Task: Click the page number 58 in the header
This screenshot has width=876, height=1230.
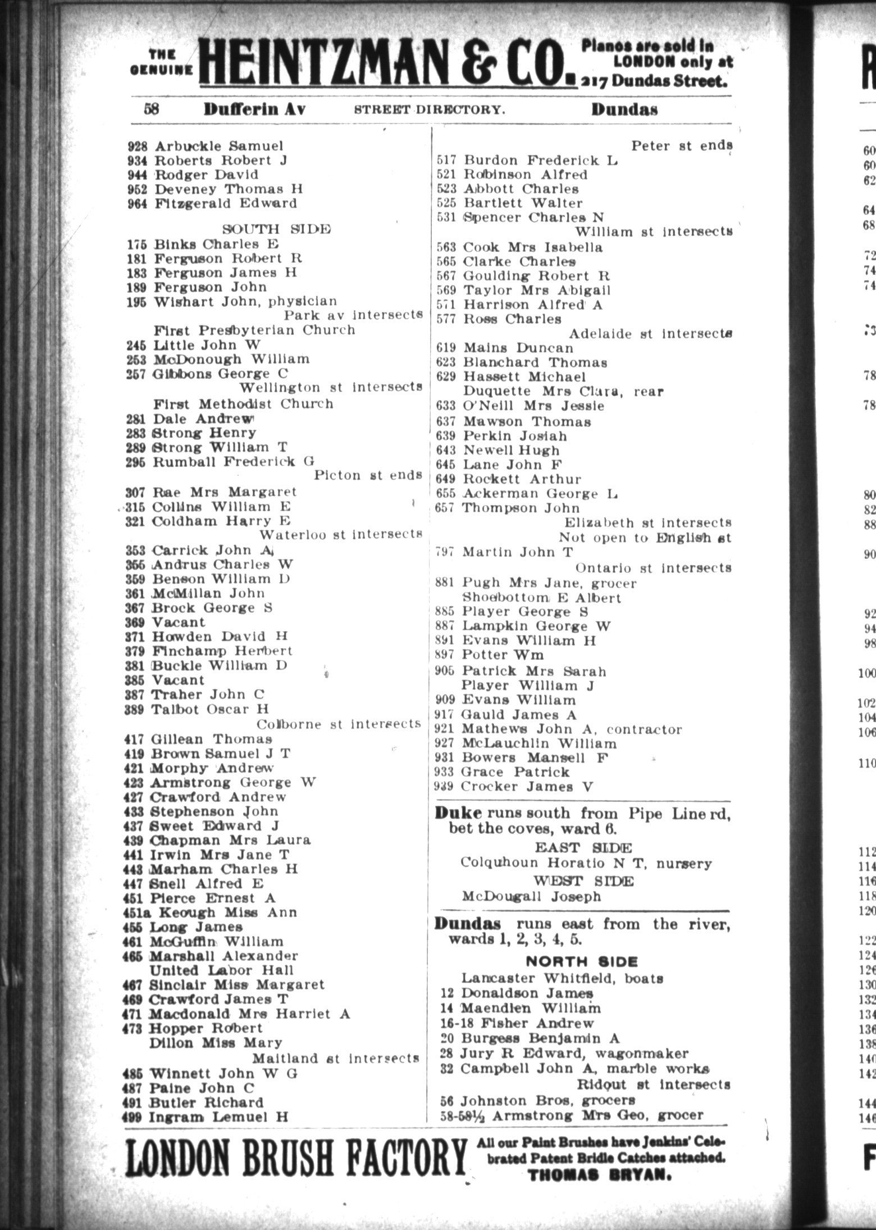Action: click(152, 108)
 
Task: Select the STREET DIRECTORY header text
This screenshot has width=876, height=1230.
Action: click(429, 109)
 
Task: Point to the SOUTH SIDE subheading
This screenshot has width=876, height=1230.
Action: click(276, 229)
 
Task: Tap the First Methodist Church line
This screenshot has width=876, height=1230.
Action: click(243, 403)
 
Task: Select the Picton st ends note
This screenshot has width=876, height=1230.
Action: click(368, 475)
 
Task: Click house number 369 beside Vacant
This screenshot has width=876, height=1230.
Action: click(137, 622)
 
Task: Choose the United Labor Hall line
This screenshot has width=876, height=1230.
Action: click(221, 970)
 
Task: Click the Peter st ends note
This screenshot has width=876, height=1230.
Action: click(682, 146)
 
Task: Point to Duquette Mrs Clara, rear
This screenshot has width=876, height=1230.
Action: click(562, 391)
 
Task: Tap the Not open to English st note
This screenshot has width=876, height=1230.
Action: click(645, 537)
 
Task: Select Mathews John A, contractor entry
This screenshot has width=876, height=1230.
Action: click(571, 729)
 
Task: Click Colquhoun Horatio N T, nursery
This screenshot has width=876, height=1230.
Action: click(586, 862)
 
